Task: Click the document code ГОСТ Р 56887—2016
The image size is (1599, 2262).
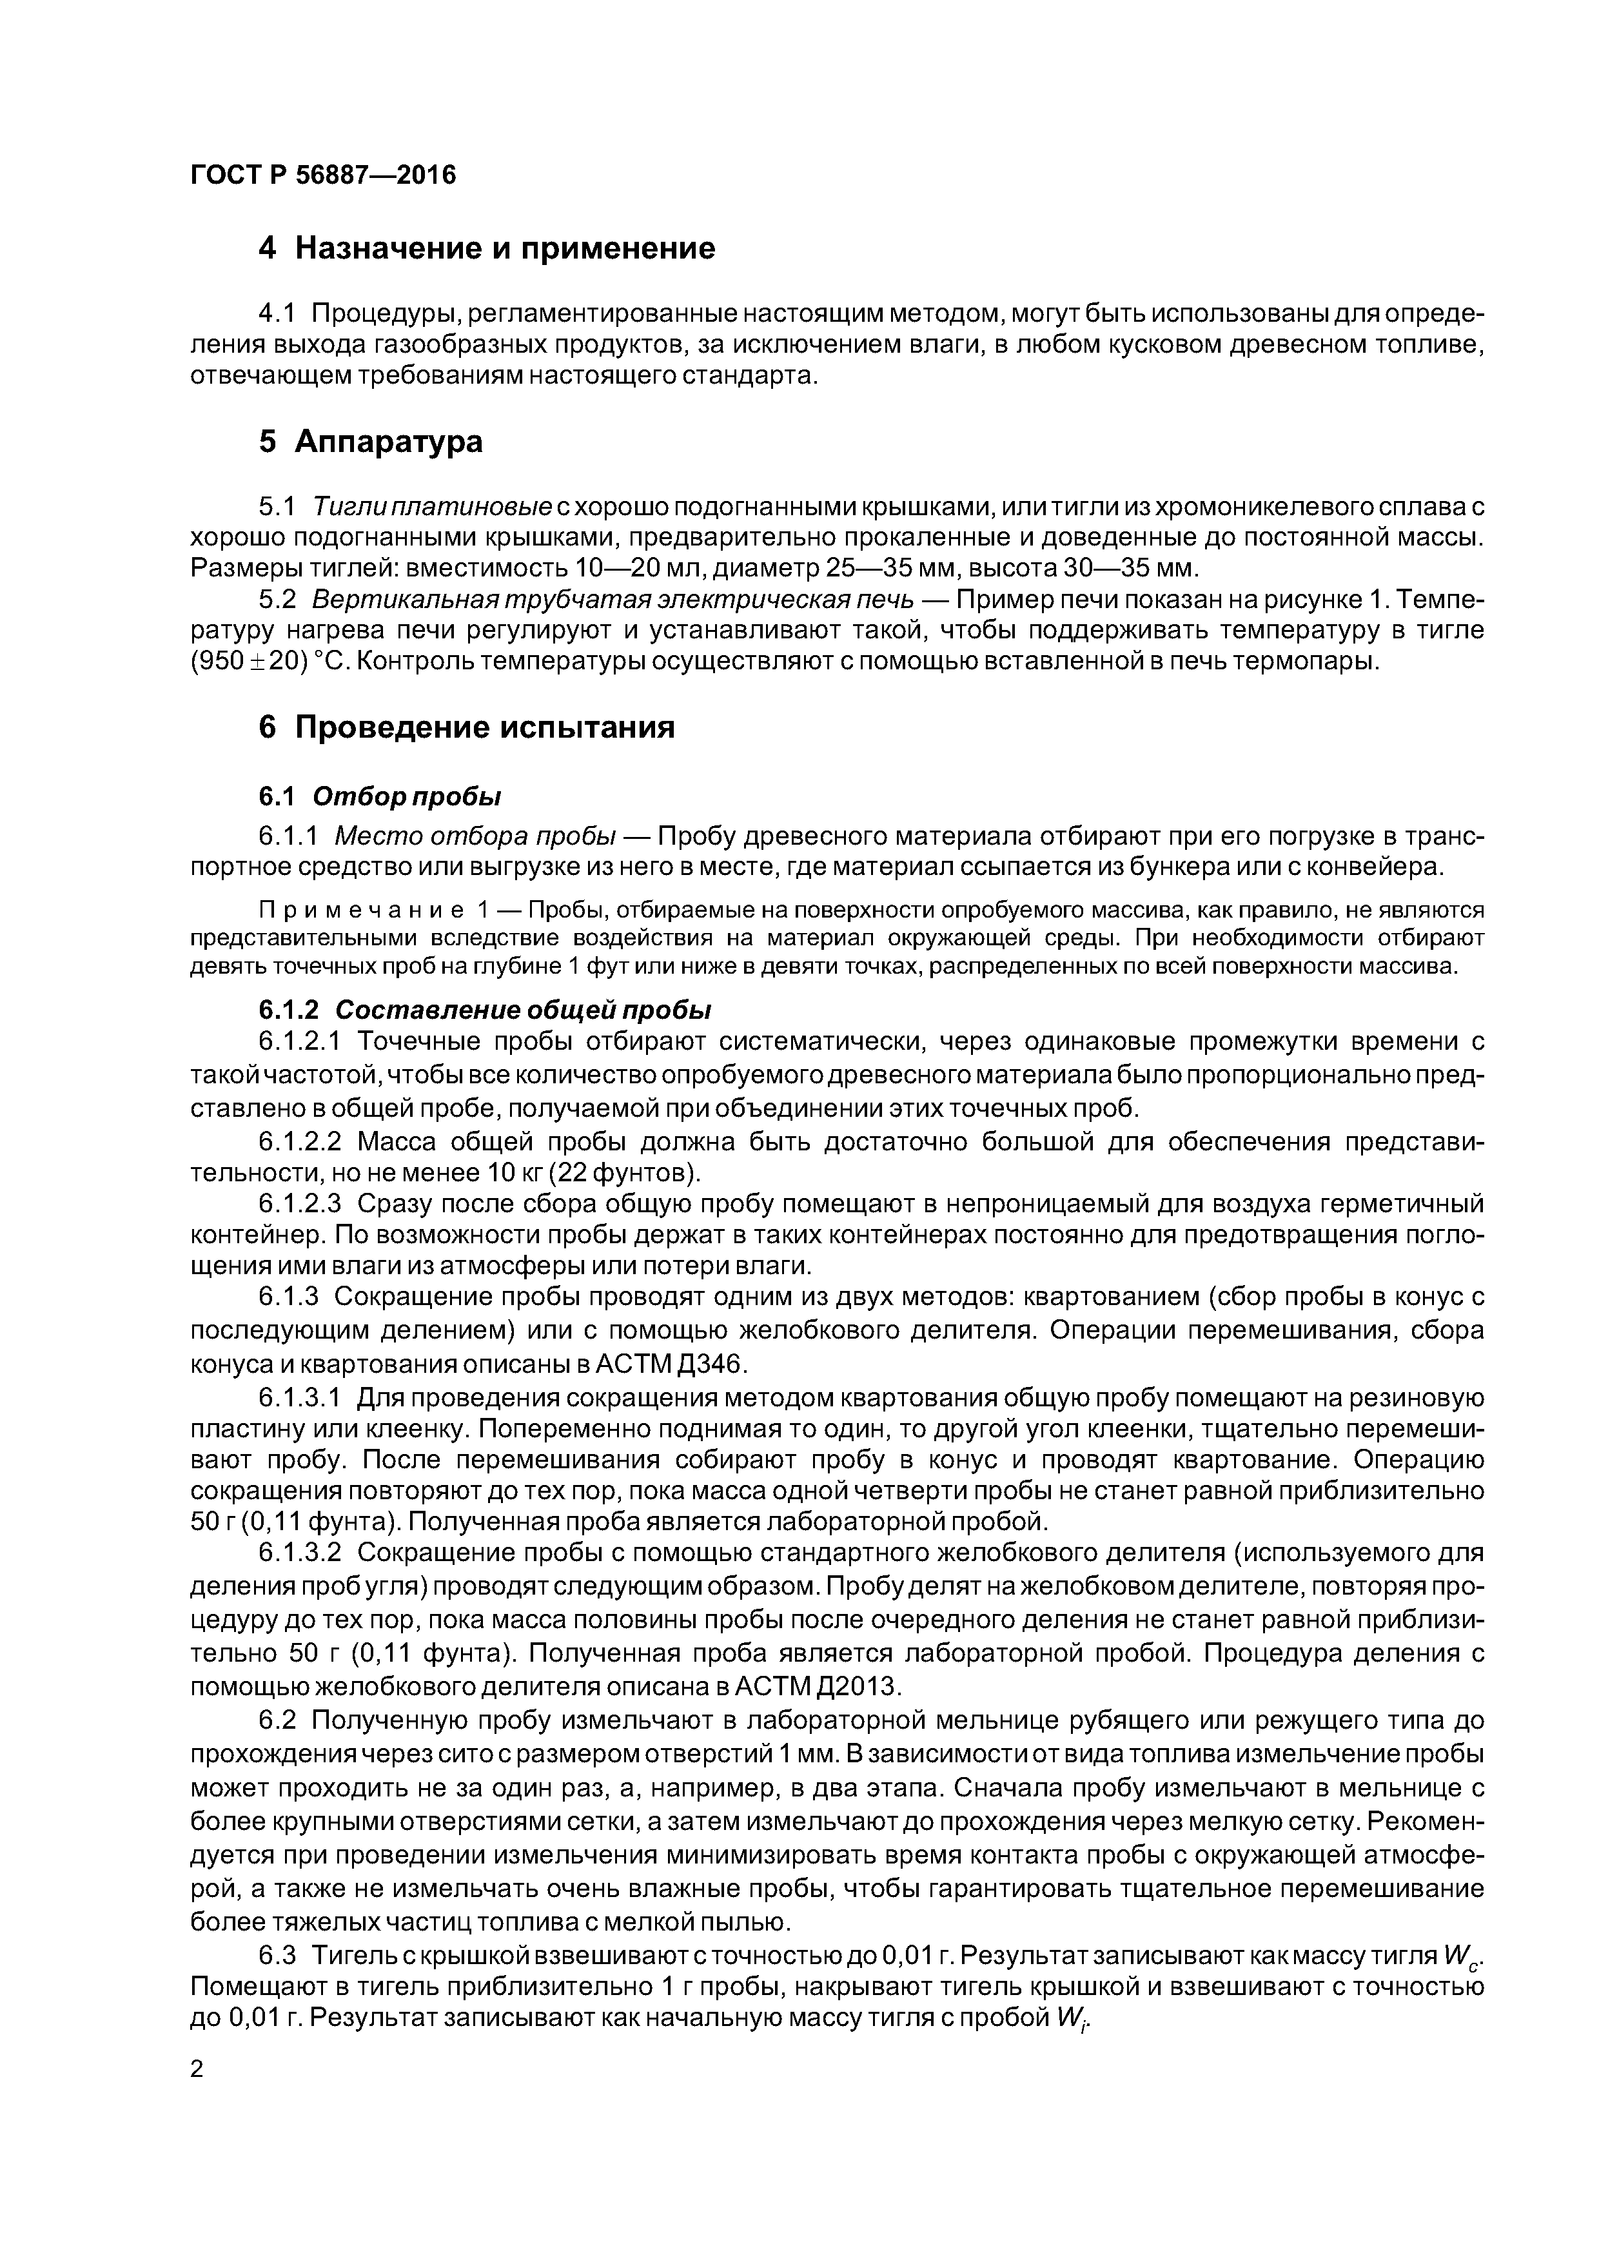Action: tap(323, 175)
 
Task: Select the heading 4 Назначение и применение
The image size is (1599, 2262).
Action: tap(487, 248)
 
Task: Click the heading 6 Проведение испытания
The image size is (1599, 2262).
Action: tap(467, 727)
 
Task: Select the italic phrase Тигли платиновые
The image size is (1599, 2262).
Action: tap(431, 507)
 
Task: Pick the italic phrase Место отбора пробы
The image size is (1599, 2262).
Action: tap(475, 836)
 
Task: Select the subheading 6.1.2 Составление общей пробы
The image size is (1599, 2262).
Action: tap(484, 1011)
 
